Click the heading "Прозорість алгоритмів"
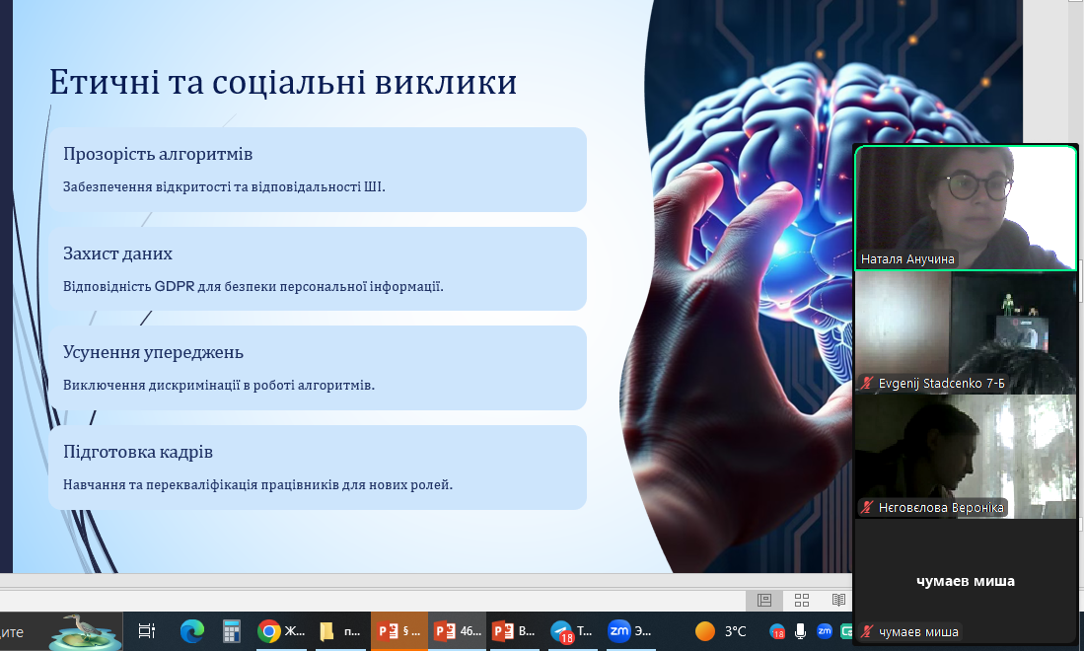point(158,154)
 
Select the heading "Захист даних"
point(117,253)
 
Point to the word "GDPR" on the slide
point(175,286)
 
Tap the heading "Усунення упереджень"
point(154,352)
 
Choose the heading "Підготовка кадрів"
point(137,452)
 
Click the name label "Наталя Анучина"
point(907,259)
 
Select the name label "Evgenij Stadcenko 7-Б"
point(942,383)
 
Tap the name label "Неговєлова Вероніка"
point(941,507)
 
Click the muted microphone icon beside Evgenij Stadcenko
point(867,383)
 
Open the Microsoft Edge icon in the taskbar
point(192,631)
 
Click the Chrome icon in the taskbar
point(268,631)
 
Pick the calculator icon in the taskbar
point(231,631)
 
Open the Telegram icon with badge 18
point(562,631)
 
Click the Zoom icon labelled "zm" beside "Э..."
point(618,630)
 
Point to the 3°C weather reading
point(736,631)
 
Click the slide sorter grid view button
point(802,600)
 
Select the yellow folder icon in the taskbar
point(327,631)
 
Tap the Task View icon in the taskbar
point(147,631)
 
